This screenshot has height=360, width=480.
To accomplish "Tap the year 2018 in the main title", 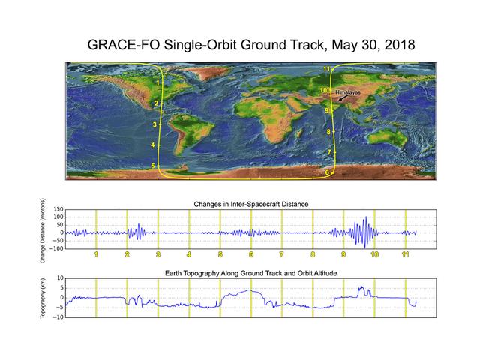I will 394,46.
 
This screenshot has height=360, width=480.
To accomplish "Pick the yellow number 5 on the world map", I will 153,166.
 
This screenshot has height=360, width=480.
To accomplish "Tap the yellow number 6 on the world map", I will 327,172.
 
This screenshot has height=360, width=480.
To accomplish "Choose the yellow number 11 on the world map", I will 327,70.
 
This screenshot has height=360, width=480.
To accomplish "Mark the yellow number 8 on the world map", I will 328,132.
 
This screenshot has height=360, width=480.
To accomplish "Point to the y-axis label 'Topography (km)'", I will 44,298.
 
